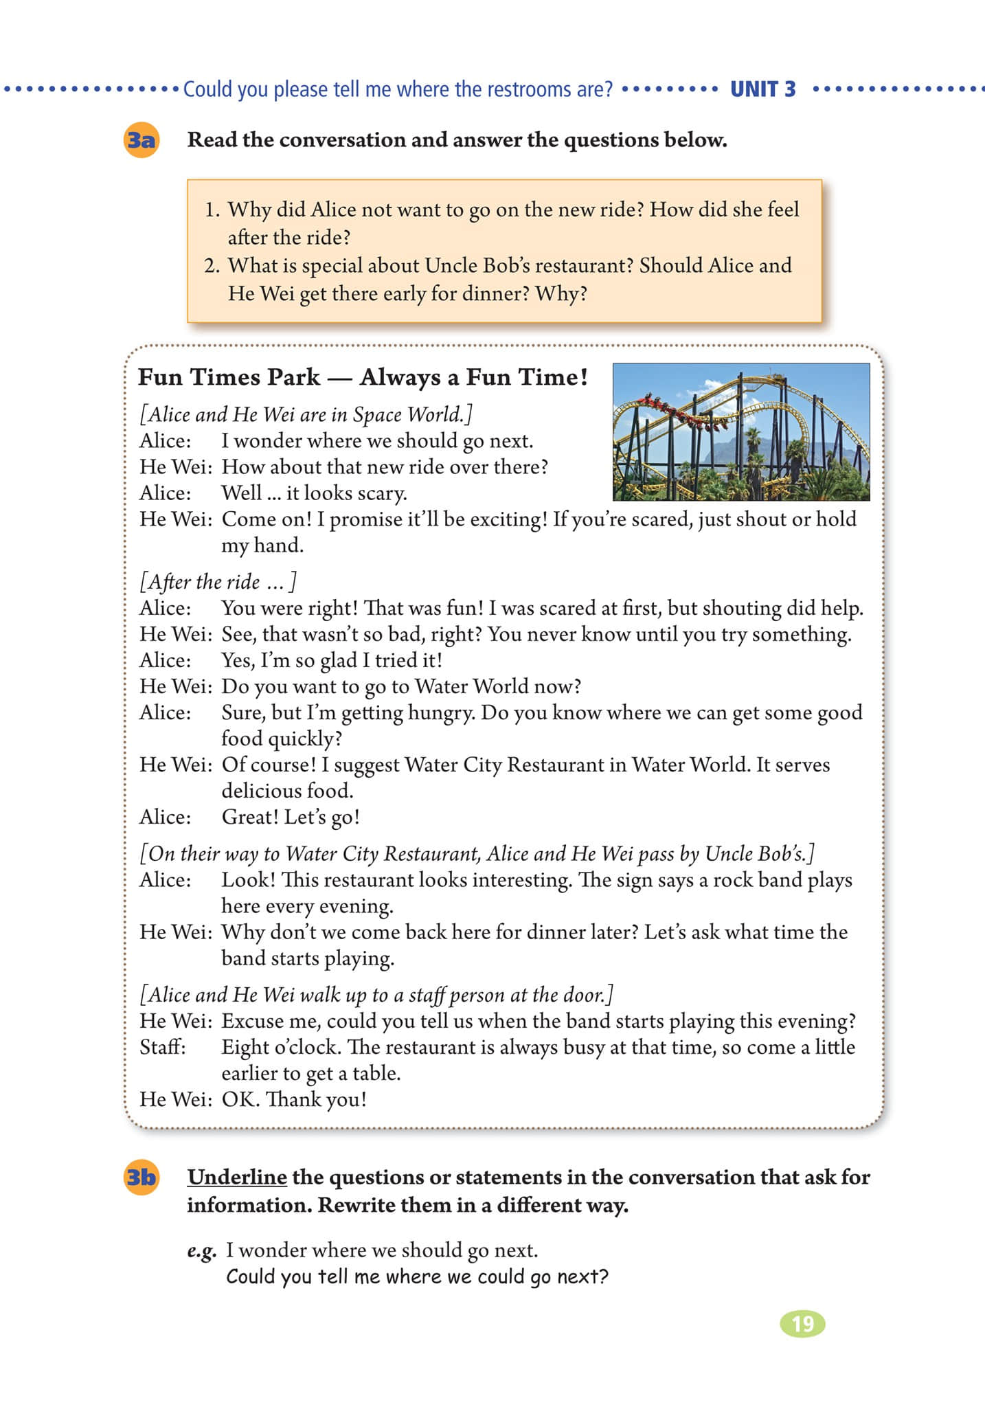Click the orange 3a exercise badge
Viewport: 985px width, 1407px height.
coord(141,141)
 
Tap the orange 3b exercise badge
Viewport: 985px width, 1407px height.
coord(141,1178)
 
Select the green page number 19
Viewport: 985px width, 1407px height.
coord(802,1323)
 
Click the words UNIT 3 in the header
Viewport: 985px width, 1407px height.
coord(762,89)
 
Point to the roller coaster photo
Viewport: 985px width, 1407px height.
coord(740,431)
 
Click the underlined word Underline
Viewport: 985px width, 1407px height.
coord(237,1177)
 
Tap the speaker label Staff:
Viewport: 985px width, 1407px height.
coord(163,1047)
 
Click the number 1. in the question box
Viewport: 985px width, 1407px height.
coord(212,210)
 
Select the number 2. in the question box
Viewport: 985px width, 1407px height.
coord(212,266)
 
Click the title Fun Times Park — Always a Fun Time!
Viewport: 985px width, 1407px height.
coord(363,377)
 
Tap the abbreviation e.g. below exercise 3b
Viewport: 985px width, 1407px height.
coord(201,1250)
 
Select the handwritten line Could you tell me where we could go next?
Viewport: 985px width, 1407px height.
coord(417,1276)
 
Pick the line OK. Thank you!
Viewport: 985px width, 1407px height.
coord(294,1099)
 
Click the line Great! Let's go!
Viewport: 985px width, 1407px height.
coord(291,817)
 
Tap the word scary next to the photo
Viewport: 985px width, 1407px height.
coord(380,493)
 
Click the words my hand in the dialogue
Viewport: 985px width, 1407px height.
coord(262,545)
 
